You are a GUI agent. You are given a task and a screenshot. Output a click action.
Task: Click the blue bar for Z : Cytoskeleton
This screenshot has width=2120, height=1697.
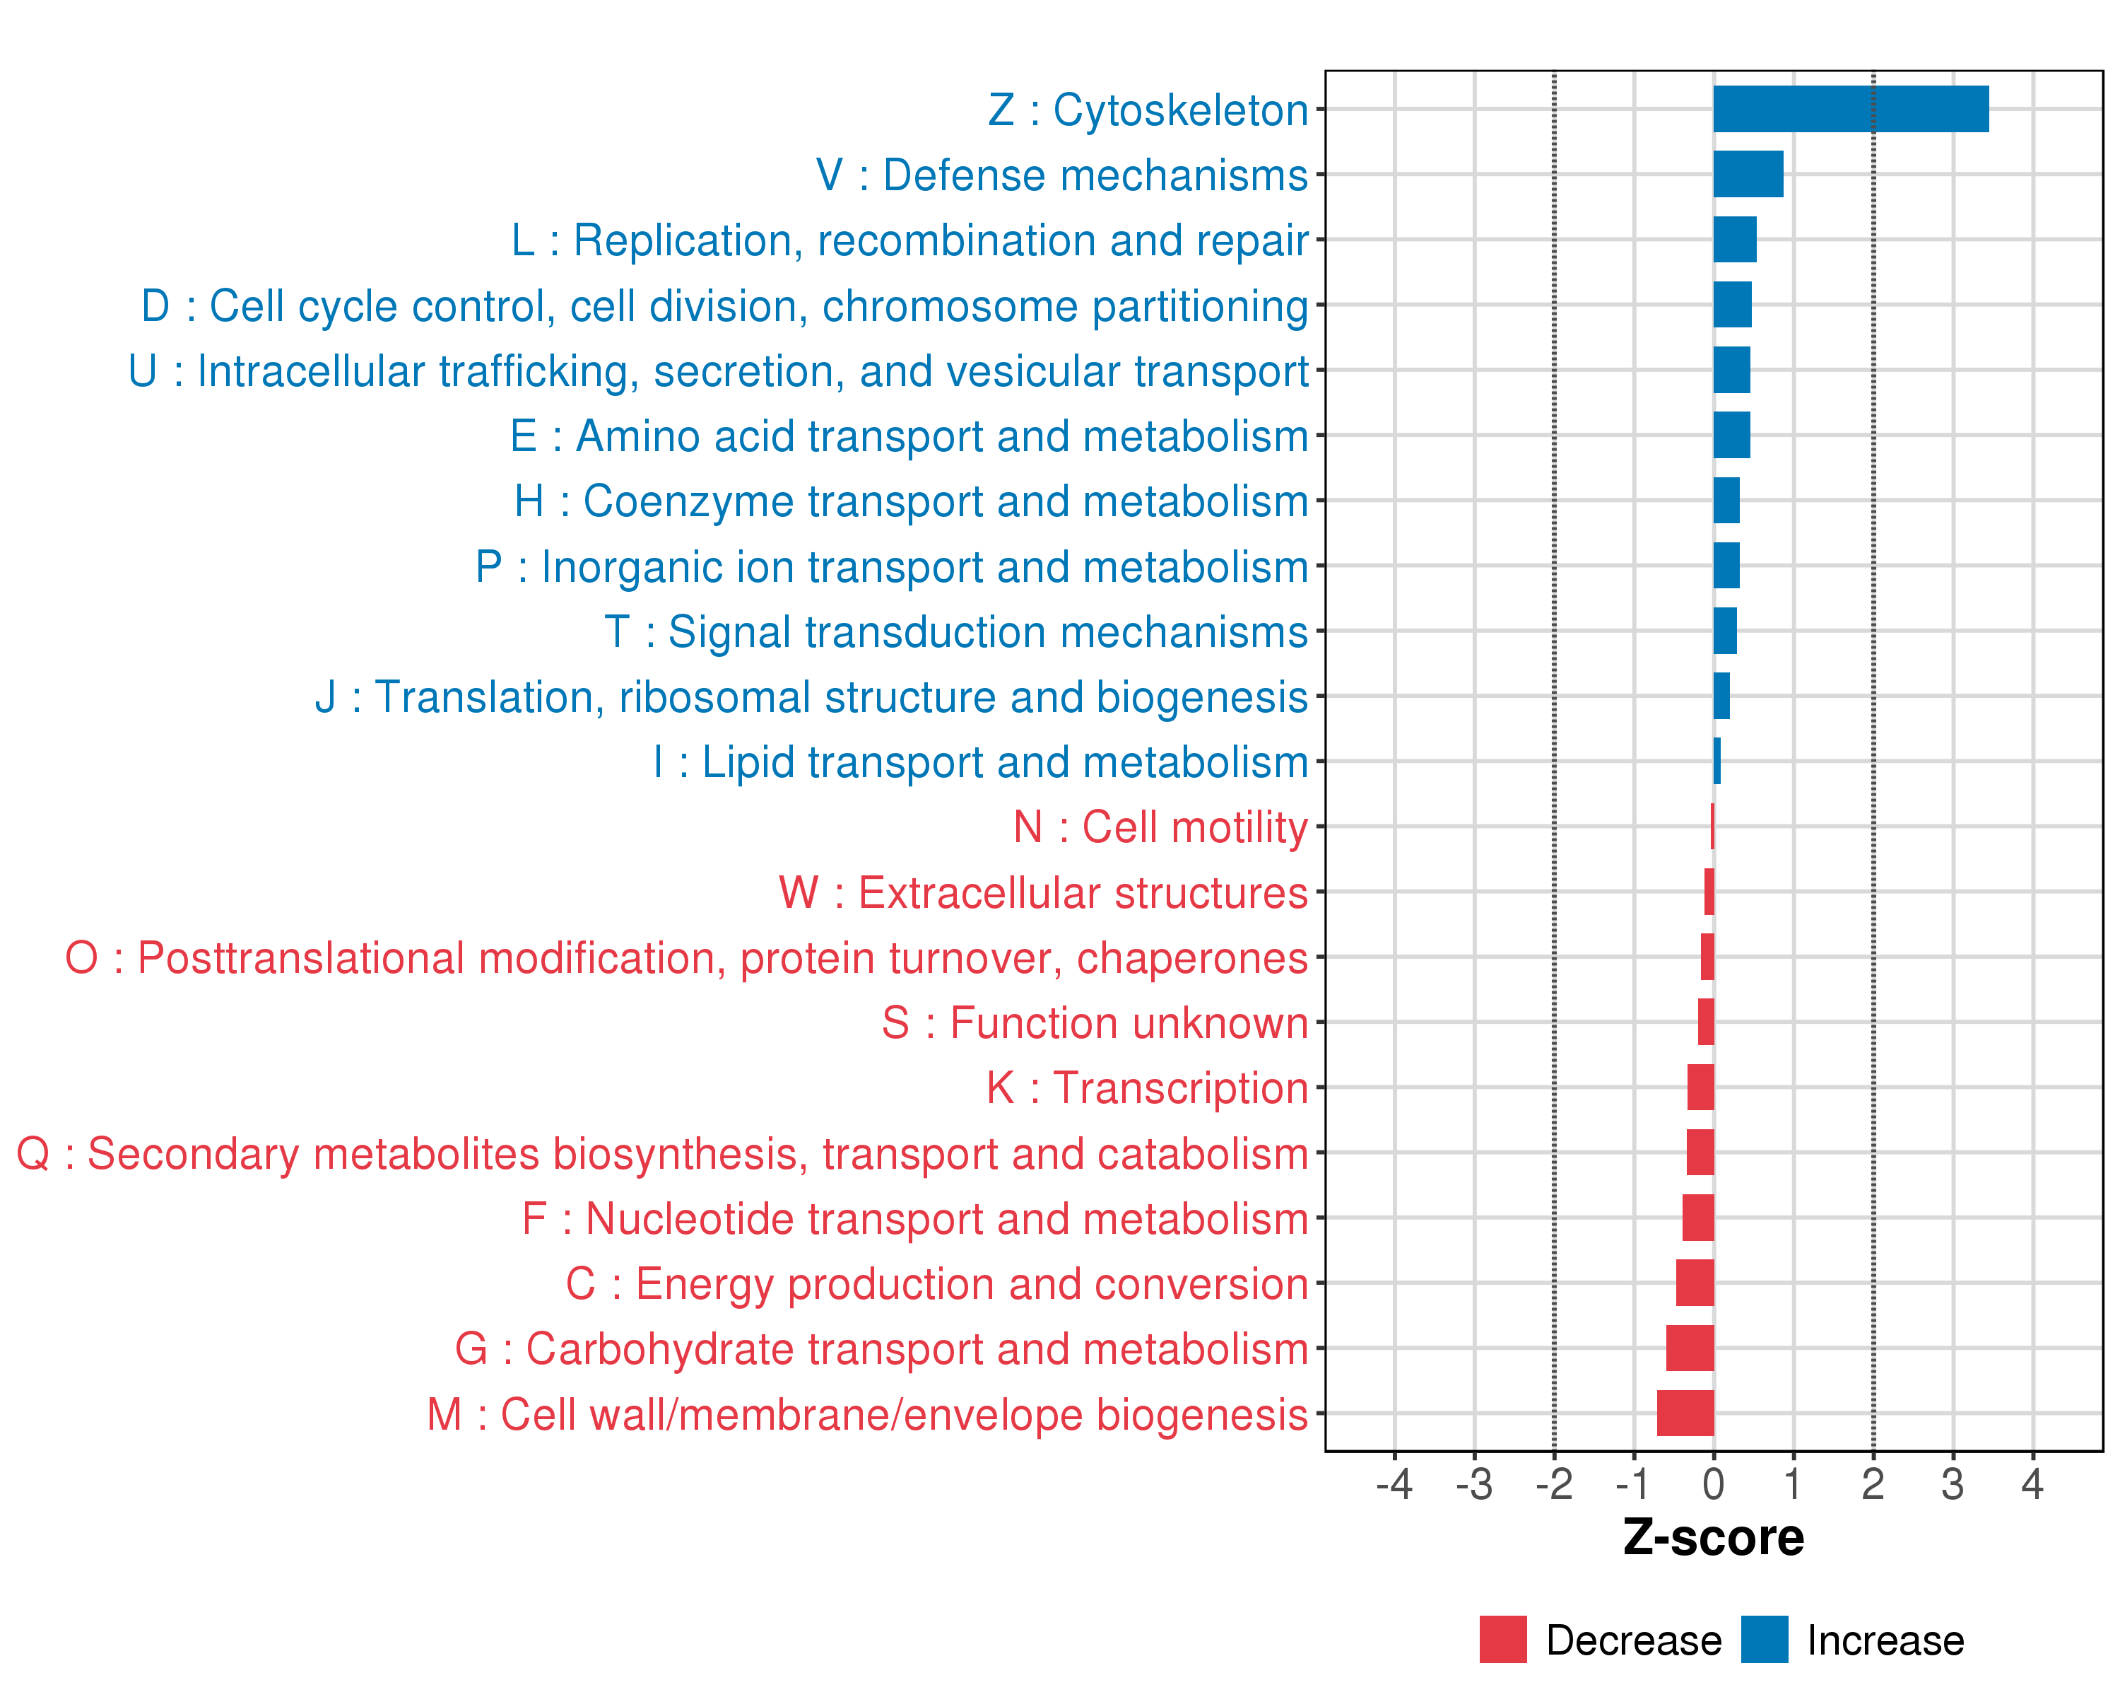[x=1851, y=109]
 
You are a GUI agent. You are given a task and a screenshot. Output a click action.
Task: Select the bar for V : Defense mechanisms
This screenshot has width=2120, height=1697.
[x=1748, y=174]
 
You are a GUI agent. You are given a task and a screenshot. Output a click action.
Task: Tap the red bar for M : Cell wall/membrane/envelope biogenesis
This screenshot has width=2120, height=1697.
[x=1685, y=1413]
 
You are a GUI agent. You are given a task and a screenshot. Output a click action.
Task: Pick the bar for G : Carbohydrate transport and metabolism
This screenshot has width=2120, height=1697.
[x=1690, y=1348]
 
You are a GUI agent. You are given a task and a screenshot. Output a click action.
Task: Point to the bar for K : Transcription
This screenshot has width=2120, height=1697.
[x=1700, y=1087]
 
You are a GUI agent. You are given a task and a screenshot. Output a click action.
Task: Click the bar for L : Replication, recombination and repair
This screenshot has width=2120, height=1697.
[x=1735, y=240]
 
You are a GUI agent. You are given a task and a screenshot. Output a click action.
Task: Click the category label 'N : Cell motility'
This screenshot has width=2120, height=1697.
[x=1160, y=827]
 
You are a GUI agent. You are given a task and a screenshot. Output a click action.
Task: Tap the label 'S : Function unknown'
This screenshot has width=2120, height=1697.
[x=1095, y=1023]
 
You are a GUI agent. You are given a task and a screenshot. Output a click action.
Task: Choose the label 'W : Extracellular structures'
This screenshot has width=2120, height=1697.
[x=1043, y=892]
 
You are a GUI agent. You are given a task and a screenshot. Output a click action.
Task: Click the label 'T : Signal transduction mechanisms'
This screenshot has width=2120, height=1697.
[x=956, y=631]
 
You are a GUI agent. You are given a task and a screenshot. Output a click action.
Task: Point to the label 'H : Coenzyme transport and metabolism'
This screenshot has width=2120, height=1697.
[x=910, y=501]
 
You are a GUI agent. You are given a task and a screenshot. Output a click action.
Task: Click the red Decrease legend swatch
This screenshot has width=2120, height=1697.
[x=1502, y=1640]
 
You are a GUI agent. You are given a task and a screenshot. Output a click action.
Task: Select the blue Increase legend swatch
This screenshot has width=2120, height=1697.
[x=1764, y=1640]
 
